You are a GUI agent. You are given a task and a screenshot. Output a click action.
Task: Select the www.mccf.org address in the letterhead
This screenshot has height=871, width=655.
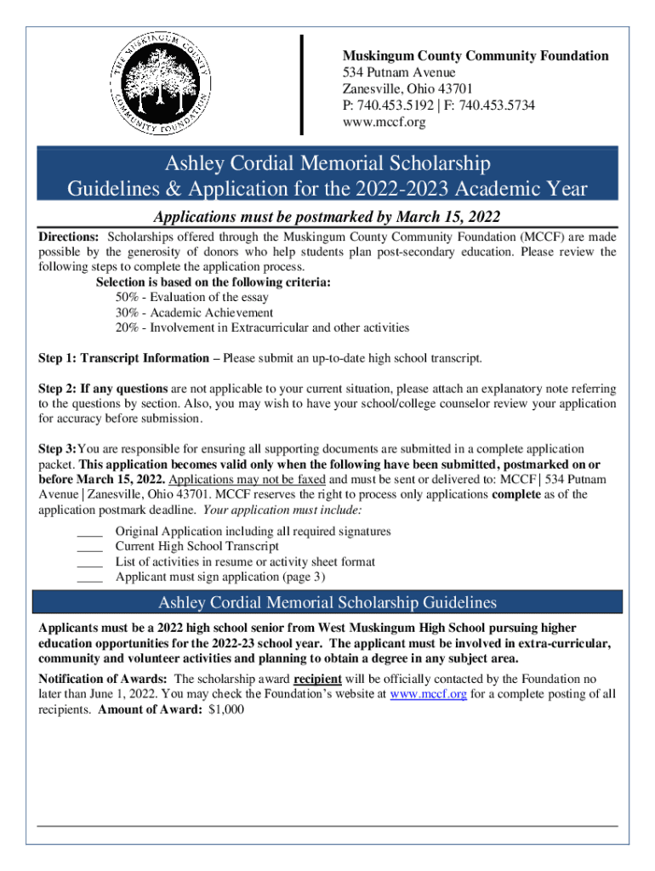(x=383, y=122)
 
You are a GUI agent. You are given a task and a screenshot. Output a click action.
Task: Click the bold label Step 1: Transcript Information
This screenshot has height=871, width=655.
(x=124, y=358)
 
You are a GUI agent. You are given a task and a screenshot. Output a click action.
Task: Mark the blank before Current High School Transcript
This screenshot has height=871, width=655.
(x=89, y=548)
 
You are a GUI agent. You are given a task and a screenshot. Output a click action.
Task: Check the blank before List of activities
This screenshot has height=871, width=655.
(x=89, y=563)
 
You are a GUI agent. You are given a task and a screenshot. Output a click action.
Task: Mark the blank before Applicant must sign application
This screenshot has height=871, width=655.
(x=89, y=578)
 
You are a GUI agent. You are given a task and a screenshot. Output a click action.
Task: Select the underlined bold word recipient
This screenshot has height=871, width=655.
(x=317, y=679)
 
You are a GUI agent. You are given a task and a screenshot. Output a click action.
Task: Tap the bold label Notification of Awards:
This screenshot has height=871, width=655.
(x=103, y=679)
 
